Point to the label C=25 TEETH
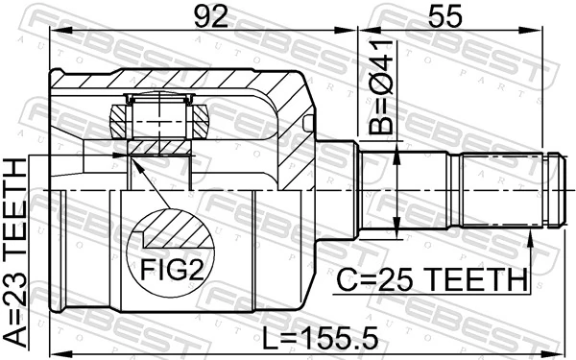[432, 280]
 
